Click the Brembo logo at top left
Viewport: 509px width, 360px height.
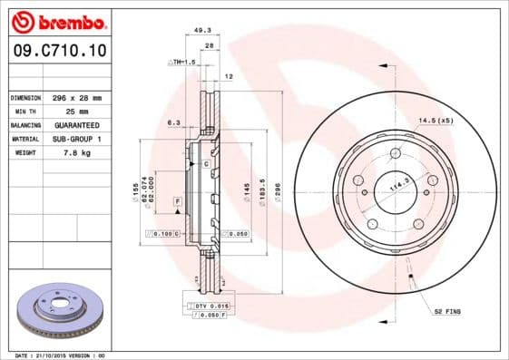(57, 20)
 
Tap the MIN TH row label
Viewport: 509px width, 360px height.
(24, 112)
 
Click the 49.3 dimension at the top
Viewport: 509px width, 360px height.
(203, 31)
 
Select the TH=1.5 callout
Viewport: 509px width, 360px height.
(184, 62)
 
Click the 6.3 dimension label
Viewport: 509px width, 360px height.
(173, 122)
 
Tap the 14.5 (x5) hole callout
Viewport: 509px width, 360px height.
(436, 120)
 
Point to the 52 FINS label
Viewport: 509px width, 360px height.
(447, 311)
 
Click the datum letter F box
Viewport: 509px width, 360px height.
(177, 199)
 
